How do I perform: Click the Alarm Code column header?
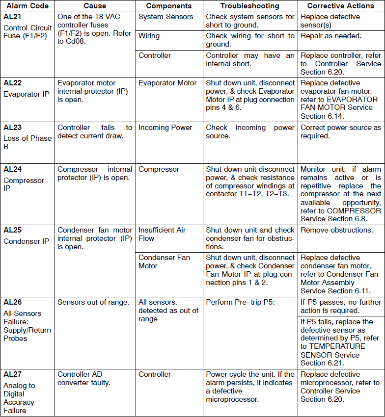coord(27,6)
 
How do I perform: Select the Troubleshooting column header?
coord(249,6)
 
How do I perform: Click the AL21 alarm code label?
coord(12,17)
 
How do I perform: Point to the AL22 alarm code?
coord(12,83)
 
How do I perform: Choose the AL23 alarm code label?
coord(12,128)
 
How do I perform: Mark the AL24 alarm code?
coord(12,169)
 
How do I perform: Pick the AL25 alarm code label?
coord(12,230)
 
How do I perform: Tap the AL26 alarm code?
coord(12,302)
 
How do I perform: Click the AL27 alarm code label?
coord(12,374)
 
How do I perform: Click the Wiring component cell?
coord(149,36)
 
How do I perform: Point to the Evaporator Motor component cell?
coord(167,83)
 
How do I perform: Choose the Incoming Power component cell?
coord(165,128)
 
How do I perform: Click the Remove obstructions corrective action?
coord(336,230)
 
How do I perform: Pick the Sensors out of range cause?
coord(93,302)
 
